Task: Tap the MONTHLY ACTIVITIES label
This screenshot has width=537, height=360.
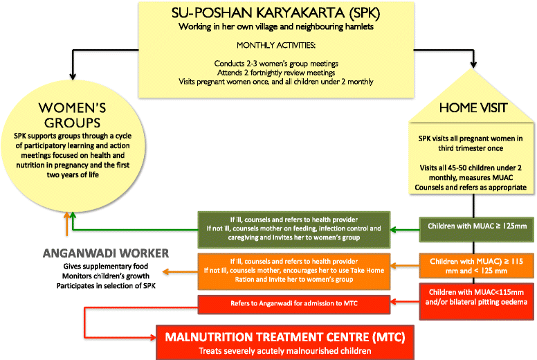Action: tap(268, 47)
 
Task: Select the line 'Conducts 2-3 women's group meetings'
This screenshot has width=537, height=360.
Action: tap(268, 64)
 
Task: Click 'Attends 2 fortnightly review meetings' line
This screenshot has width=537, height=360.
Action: tap(268, 73)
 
